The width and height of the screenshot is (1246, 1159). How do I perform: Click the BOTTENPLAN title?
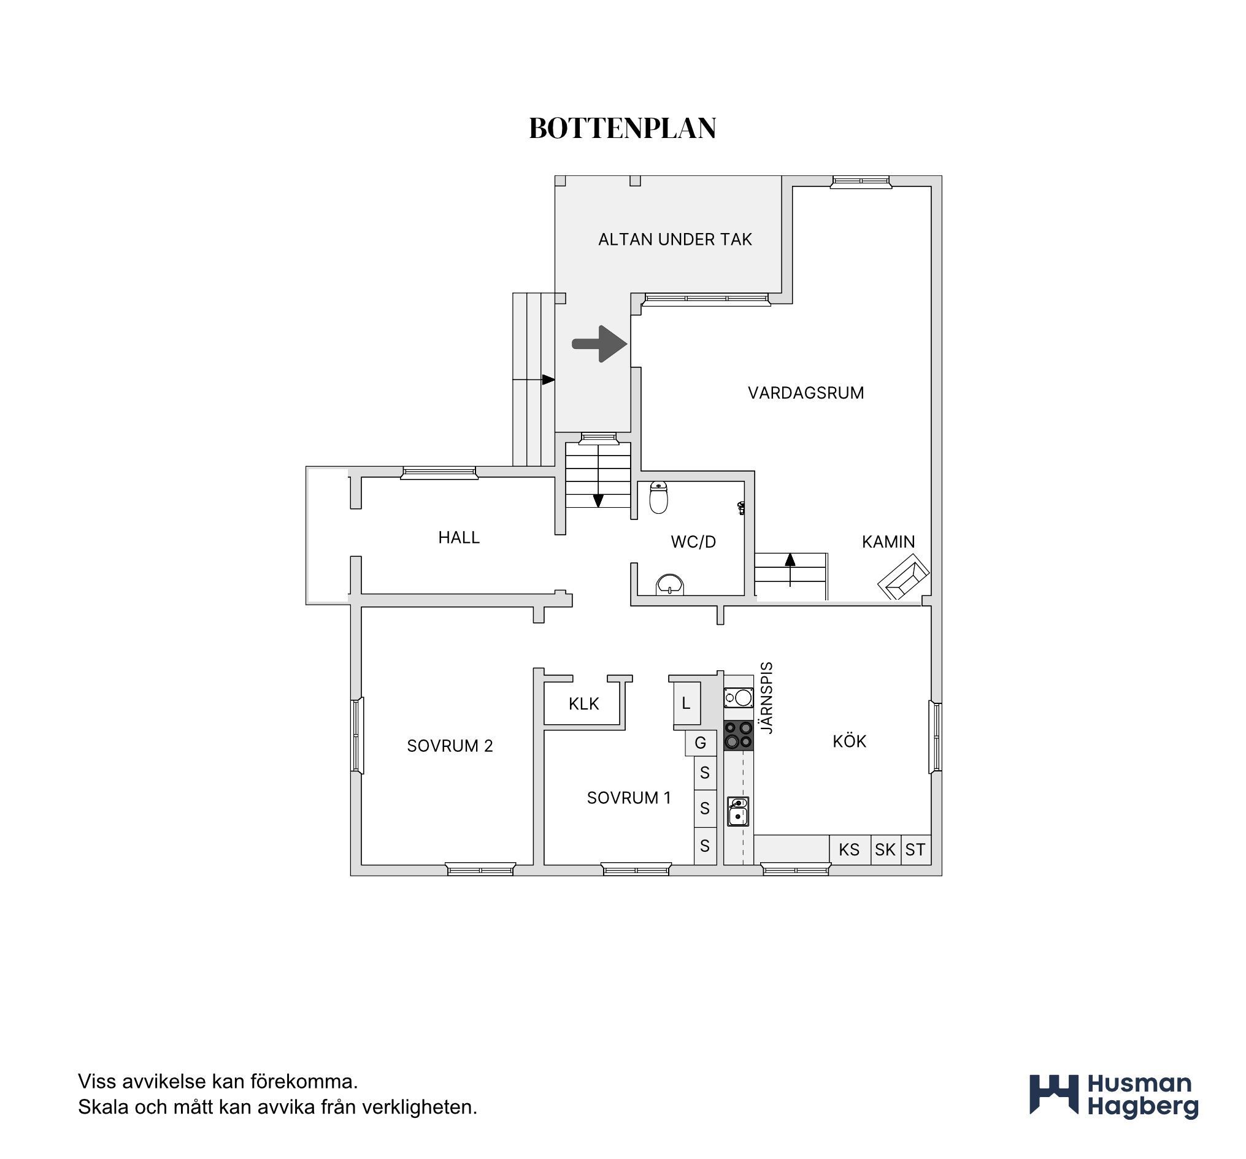622,128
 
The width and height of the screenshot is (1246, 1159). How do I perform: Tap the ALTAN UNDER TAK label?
675,239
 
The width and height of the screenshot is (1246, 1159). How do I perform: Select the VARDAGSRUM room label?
806,393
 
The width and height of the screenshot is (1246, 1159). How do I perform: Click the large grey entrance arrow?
600,344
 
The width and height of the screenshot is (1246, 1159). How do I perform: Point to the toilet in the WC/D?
658,497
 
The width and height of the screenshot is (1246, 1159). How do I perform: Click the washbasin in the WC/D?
669,584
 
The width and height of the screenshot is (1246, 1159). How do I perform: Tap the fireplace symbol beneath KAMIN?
903,576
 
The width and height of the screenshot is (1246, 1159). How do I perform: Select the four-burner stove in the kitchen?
738,735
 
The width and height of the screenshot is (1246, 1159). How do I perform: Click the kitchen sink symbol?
738,811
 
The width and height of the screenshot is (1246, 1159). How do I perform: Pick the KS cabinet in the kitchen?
850,849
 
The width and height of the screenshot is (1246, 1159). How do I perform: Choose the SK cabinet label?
885,849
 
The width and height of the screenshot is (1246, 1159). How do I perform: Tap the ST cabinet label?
915,849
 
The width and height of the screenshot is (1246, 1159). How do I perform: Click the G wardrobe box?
701,743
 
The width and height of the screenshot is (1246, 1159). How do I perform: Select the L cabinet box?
686,703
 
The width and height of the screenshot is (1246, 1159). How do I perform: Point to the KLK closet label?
584,704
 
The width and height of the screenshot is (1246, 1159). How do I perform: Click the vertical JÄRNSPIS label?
766,697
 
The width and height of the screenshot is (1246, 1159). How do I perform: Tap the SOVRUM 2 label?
450,746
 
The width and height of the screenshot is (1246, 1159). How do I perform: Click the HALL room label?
459,538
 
